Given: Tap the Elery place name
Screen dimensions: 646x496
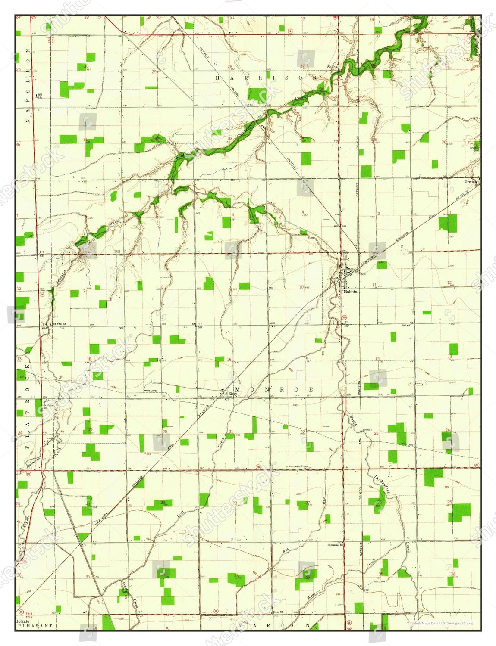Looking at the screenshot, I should pos(233,394).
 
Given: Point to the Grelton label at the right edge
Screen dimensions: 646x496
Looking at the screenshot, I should pos(471,182).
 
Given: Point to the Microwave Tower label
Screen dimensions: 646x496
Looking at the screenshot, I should pos(299,466).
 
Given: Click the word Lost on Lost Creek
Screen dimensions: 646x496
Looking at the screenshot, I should pos(181,514).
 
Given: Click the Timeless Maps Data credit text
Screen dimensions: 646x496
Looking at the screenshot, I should pos(440,623).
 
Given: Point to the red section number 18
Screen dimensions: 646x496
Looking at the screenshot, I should pos(89,359).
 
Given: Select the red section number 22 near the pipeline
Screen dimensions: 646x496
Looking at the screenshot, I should pos(303,432).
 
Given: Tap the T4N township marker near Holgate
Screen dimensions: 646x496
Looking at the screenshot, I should pos(29,613).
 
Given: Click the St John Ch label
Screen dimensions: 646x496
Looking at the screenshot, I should pos(48,406).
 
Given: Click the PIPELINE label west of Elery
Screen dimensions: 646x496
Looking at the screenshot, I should pos(151,391).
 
